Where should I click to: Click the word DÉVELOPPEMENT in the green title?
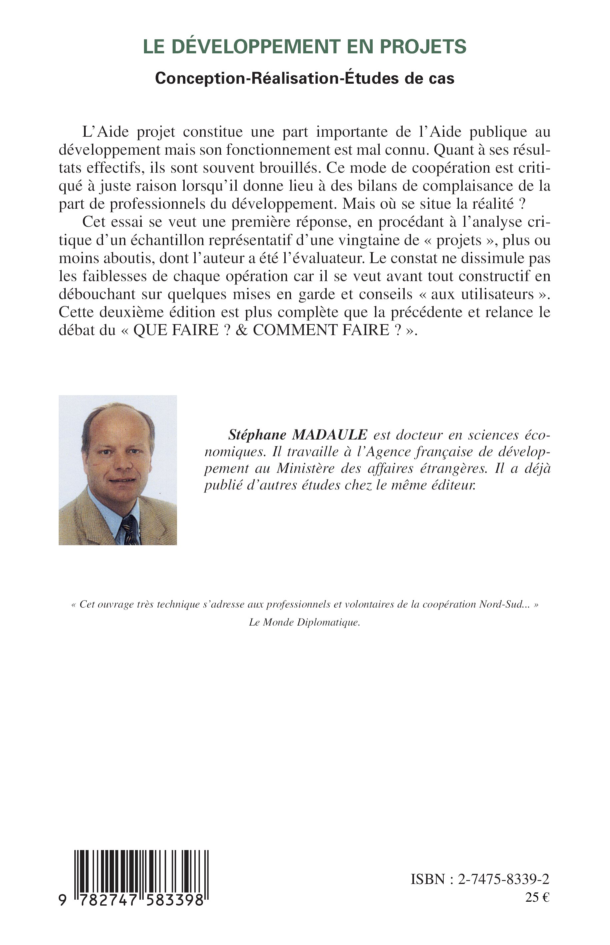click(253, 46)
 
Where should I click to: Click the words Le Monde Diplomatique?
click(304, 623)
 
